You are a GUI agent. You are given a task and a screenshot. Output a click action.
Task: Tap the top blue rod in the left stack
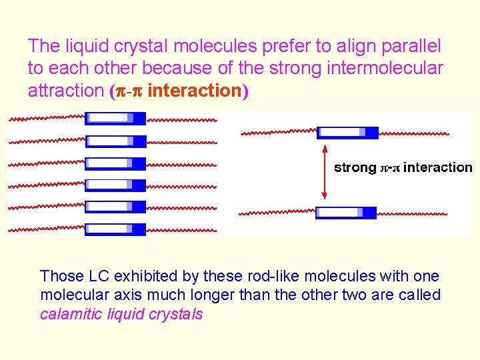tap(115, 119)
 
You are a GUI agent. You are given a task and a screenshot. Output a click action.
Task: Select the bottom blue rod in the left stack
tap(115, 229)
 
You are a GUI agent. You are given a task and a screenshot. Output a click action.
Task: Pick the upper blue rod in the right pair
tap(347, 132)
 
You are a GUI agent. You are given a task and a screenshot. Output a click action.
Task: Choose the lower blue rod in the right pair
tap(345, 213)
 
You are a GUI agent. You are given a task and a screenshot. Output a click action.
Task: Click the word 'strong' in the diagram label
tap(355, 168)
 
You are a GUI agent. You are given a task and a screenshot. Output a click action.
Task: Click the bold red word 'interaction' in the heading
tap(194, 91)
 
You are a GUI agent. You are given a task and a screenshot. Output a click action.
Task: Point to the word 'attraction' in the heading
tap(65, 91)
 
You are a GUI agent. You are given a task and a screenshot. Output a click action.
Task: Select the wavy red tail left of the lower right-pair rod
tap(277, 213)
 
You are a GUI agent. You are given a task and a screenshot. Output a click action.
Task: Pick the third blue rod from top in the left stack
tap(115, 163)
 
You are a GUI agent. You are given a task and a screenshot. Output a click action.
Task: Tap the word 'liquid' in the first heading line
tap(83, 46)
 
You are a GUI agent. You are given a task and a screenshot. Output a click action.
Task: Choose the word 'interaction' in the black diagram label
tap(437, 168)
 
